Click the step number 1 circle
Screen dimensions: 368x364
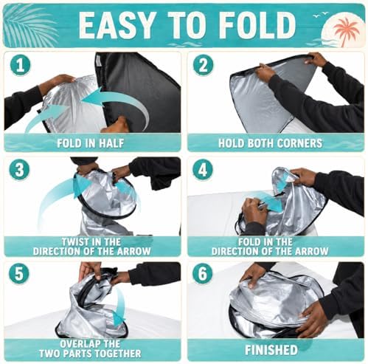click(20, 65)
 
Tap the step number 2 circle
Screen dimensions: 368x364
click(203, 66)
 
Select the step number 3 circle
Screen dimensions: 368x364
click(19, 170)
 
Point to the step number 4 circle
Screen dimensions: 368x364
click(203, 170)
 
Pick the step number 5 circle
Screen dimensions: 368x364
click(19, 274)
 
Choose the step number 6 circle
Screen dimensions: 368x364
click(202, 274)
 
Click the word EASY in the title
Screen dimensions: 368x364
click(117, 25)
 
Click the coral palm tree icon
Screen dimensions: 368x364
click(346, 31)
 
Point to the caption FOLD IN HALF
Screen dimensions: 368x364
click(90, 143)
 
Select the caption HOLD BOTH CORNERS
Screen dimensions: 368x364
click(271, 143)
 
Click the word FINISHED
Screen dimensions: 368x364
click(271, 350)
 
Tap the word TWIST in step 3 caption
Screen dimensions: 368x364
click(74, 242)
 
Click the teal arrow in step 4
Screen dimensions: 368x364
click(268, 201)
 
